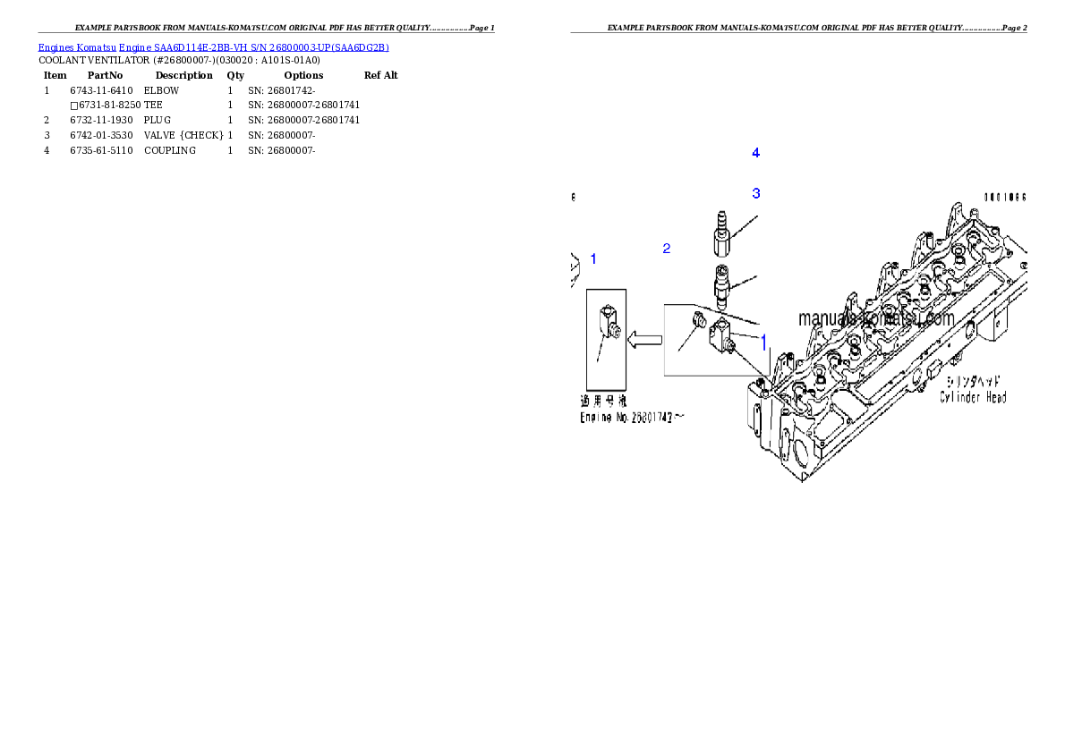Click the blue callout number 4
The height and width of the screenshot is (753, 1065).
pyautogui.click(x=755, y=153)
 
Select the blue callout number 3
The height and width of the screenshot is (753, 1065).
pyautogui.click(x=755, y=192)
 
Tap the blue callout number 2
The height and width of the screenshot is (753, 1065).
pyautogui.click(x=666, y=248)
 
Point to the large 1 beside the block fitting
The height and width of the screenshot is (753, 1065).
pyautogui.click(x=763, y=342)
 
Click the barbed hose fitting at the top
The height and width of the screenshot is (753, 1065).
pyautogui.click(x=720, y=232)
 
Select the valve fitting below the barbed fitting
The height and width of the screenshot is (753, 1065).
pyautogui.click(x=722, y=283)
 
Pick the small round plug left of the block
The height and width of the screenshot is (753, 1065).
pyautogui.click(x=702, y=321)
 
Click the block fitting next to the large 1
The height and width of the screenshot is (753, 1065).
pyautogui.click(x=723, y=340)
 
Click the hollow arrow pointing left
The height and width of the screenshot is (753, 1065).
pyautogui.click(x=643, y=339)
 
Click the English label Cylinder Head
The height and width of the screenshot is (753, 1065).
pyautogui.click(x=972, y=397)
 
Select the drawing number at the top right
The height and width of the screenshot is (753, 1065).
pyautogui.click(x=1004, y=197)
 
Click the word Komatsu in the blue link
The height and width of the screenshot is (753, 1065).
pyautogui.click(x=98, y=48)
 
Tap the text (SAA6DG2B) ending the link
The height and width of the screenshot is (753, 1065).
pyautogui.click(x=356, y=48)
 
